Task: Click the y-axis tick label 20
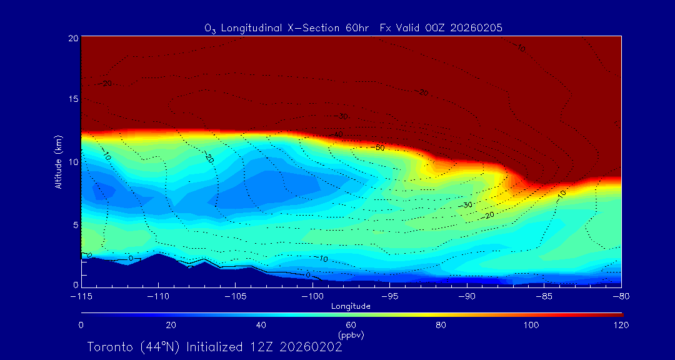[72, 38]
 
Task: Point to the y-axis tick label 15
[72, 99]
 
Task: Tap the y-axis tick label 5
[74, 224]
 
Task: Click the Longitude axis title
[351, 306]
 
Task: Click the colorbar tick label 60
[351, 325]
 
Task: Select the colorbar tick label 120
[621, 325]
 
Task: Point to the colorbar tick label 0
[81, 325]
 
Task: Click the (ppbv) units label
[351, 335]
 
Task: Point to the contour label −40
[337, 134]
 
